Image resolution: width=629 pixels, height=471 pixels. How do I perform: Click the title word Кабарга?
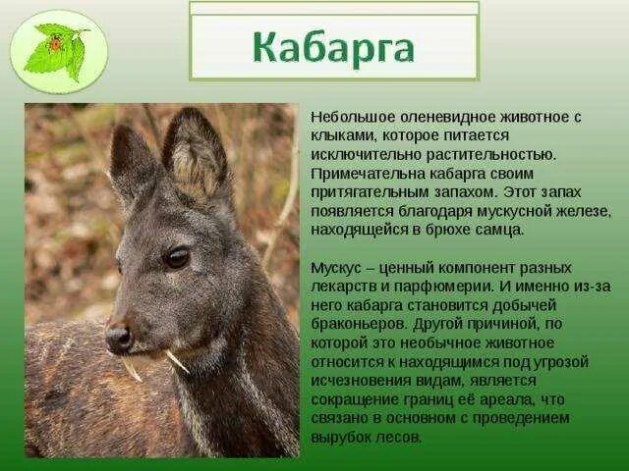tap(333, 48)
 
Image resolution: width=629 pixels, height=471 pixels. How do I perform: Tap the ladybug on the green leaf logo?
tap(56, 43)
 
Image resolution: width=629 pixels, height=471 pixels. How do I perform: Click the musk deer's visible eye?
tap(177, 257)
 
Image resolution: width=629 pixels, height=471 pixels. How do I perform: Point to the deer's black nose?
tap(118, 339)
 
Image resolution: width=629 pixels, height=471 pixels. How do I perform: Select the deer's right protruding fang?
tap(177, 361)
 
